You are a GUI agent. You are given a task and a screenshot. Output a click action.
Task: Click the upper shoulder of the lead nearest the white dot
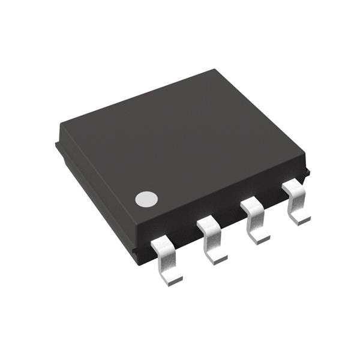[x=161, y=244]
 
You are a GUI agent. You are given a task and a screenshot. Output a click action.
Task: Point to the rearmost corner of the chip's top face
[x=214, y=70]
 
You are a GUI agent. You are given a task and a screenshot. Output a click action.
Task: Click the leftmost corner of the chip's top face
[x=61, y=125]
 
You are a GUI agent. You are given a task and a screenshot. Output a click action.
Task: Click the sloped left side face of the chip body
[x=96, y=192]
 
